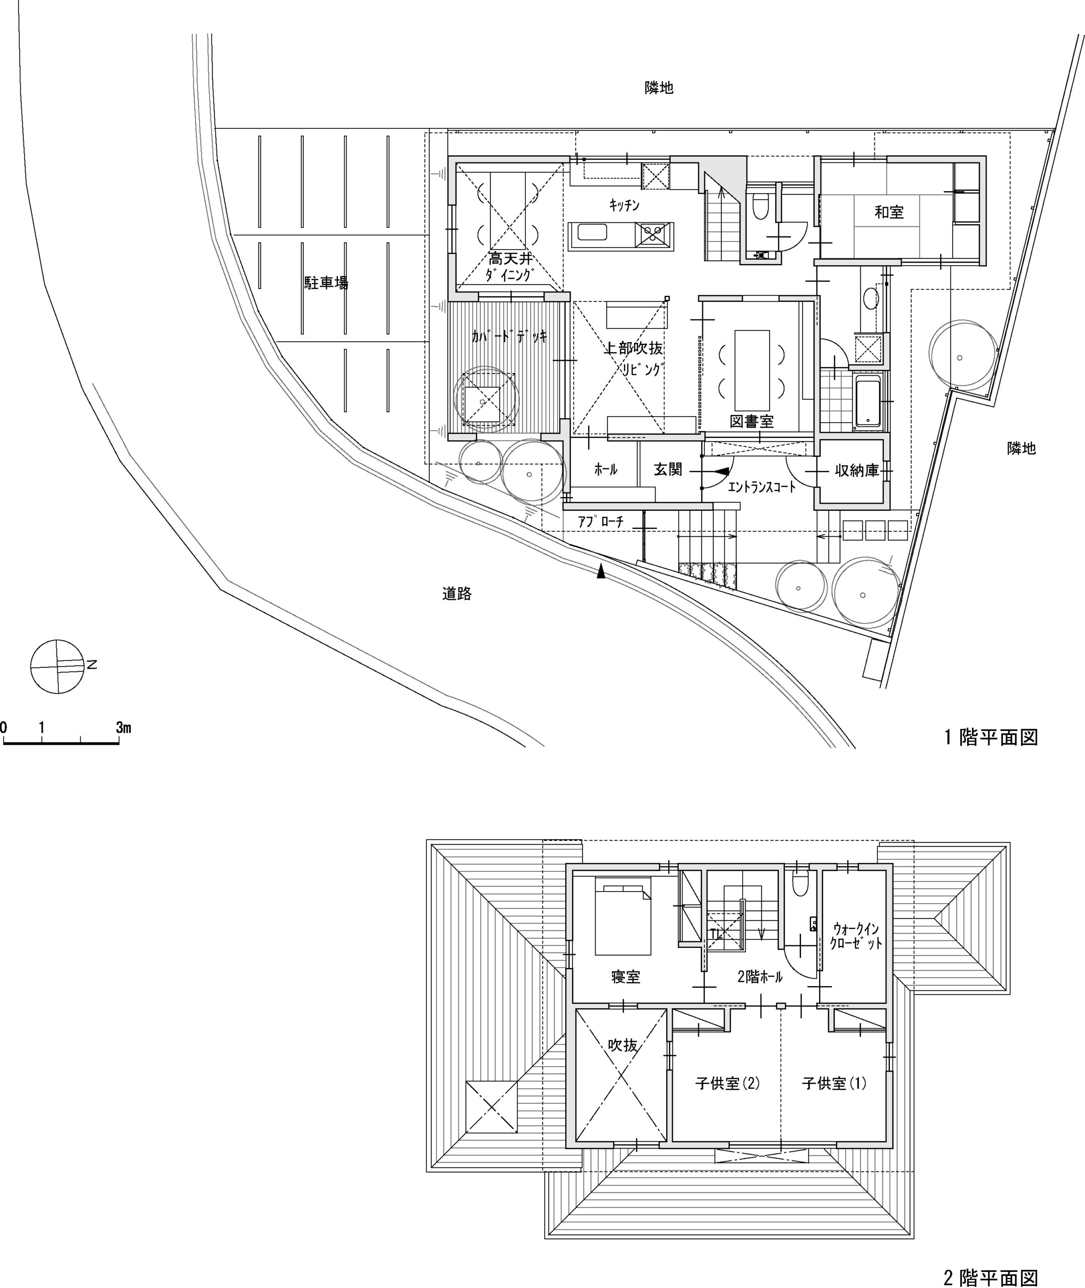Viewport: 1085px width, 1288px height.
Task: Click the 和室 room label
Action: pos(889,212)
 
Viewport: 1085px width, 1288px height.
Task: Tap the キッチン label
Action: pos(624,206)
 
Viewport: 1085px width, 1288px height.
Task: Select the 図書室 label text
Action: pos(752,422)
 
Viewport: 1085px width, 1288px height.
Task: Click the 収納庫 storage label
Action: pos(857,471)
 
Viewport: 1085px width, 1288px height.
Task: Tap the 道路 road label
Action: pos(457,593)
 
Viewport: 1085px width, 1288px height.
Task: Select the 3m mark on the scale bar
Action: pos(124,728)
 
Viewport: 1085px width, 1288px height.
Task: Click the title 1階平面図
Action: pos(991,737)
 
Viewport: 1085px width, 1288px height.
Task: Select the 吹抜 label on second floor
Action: pos(622,1045)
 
